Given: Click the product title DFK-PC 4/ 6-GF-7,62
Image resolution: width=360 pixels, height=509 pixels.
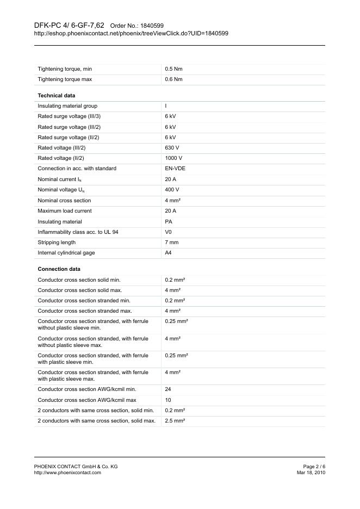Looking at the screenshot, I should pos(69,26).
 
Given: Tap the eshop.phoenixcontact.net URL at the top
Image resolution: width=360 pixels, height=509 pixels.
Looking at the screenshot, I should pos(131,33).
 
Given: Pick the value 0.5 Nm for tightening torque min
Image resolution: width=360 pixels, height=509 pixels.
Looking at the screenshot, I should pos(173,69).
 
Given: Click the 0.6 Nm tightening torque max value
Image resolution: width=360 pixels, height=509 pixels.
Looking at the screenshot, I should pos(173,79).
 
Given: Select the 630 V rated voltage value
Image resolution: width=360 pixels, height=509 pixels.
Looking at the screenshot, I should pos(172,148).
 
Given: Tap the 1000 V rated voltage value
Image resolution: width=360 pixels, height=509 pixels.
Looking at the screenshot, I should pos(173,158).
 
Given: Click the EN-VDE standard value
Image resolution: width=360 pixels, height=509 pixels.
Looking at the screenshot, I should pos(175,169).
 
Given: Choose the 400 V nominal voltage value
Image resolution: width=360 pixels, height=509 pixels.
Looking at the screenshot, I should pos(172,190).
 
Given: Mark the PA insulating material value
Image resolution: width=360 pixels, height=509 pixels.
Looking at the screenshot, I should pos(169,222).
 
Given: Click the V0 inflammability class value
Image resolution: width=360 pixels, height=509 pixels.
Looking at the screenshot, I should pos(169,232).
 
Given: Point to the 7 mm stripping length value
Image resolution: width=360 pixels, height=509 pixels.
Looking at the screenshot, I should pos(171,243).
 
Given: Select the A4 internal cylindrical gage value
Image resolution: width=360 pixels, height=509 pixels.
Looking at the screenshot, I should pos(169,253).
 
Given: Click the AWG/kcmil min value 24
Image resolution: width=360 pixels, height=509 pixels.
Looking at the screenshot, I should pos(168,389).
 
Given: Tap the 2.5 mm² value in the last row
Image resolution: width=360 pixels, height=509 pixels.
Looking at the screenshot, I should pos(175,421).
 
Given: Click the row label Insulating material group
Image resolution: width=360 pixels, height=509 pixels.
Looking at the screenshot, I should pos(67,106).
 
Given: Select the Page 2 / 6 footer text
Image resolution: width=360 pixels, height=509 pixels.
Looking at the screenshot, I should pos(314,467).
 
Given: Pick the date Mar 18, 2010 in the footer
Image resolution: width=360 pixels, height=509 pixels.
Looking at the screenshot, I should pos(311,473).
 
